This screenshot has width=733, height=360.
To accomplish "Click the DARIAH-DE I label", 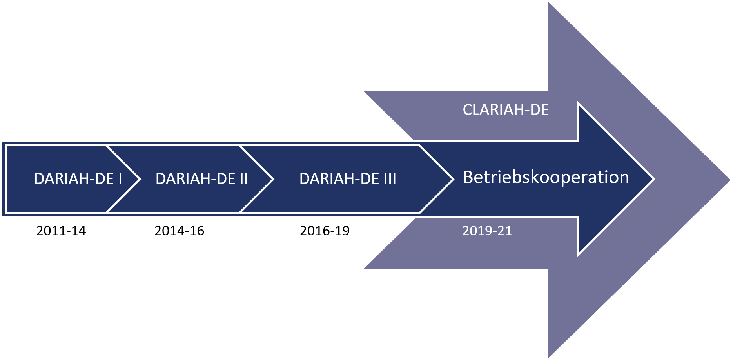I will tap(78, 179).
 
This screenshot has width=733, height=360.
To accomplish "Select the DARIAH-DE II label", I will tap(201, 179).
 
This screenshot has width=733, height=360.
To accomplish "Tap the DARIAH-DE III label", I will tap(348, 179).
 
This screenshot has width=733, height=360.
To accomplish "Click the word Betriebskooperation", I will tap(546, 177).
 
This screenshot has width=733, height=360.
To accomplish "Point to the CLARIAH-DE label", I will tap(505, 110).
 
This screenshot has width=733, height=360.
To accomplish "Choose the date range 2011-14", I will tap(61, 231).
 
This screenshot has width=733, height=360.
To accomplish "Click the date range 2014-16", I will tap(179, 231).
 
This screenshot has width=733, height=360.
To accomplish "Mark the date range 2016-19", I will tap(325, 231).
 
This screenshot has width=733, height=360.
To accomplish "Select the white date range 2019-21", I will tap(487, 231).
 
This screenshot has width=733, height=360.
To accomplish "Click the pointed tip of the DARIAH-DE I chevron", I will tap(139, 179).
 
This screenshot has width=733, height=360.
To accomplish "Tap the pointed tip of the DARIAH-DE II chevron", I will tap(272, 179).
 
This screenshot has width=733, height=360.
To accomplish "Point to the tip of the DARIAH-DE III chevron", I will tap(453, 179).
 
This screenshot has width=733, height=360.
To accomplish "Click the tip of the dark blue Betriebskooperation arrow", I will tap(653, 179).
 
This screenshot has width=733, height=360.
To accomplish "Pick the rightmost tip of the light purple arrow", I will tap(729, 180).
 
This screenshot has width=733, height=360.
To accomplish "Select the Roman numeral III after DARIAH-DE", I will tap(390, 179).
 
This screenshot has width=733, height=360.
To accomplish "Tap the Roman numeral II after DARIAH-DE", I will tap(243, 179).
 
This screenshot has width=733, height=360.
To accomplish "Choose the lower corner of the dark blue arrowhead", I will tap(579, 255).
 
